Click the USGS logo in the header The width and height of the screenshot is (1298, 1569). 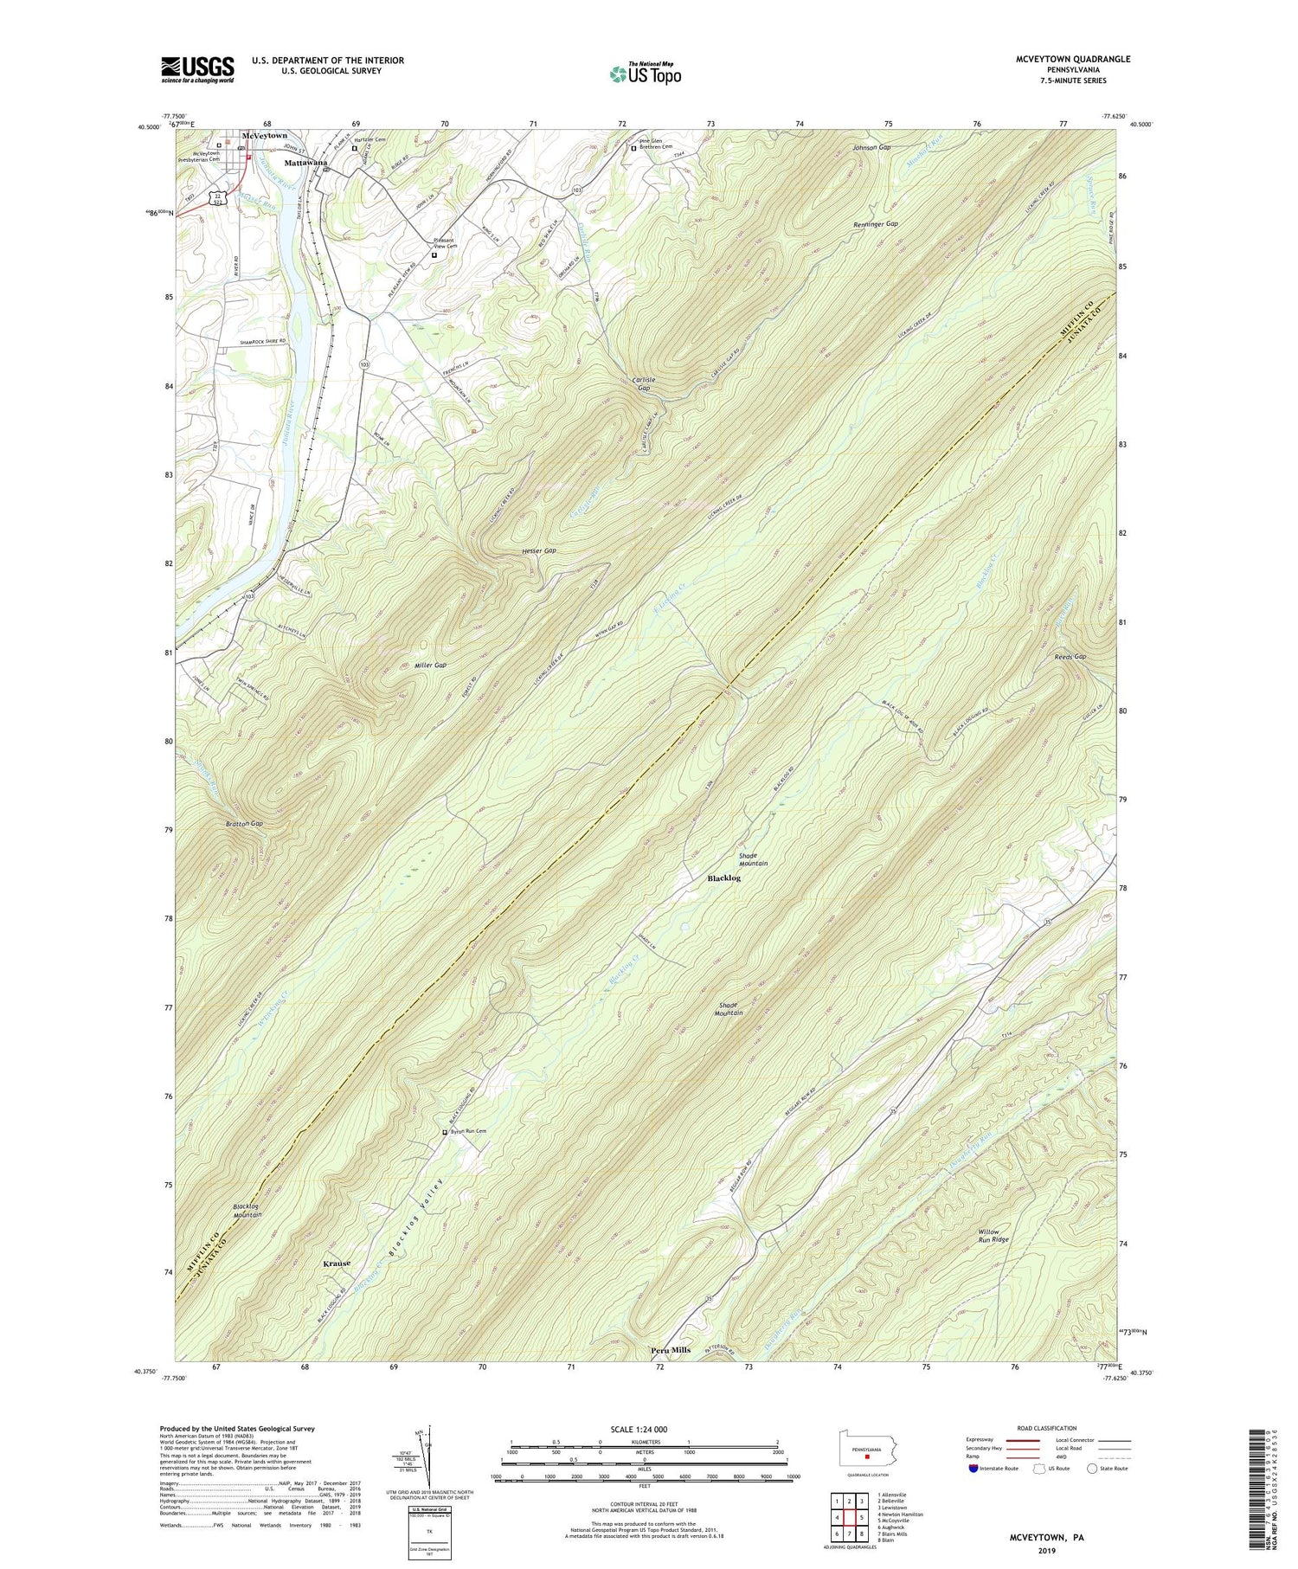pos(197,69)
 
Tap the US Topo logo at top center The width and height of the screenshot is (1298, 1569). pos(646,74)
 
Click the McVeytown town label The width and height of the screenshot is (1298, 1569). pos(265,136)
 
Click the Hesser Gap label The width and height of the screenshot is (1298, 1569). pos(538,550)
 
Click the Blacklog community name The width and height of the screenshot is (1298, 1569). pos(724,878)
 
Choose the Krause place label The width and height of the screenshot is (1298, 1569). pos(337,1264)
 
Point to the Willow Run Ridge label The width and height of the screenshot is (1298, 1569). pos(993,1235)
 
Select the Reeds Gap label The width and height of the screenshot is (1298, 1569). pos(1070,657)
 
